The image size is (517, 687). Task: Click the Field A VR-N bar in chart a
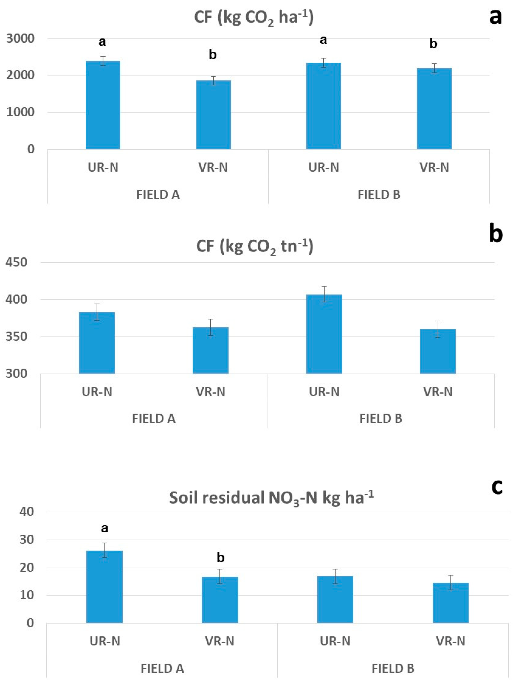213,115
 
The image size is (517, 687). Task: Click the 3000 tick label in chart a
20,39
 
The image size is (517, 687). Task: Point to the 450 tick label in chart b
16,263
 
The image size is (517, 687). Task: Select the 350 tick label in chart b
16,337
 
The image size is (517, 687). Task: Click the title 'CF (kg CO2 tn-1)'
254,247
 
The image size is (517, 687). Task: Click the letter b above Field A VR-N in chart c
220,558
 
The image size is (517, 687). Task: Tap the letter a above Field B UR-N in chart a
323,40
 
